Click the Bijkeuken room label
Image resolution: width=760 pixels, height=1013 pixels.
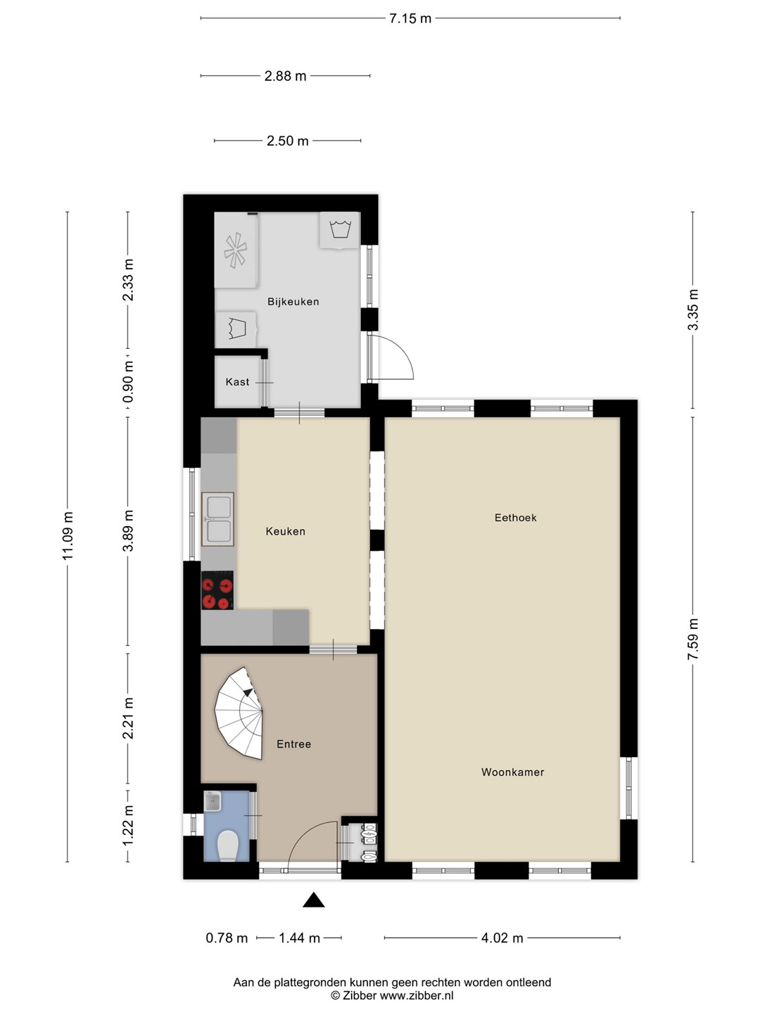(x=293, y=302)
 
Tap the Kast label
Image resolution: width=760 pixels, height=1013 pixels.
(x=237, y=382)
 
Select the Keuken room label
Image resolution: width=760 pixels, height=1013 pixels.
(x=285, y=531)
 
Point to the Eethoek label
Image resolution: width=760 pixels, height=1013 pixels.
(x=515, y=518)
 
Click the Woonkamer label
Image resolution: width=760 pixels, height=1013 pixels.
(x=513, y=772)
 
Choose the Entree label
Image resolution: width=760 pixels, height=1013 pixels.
(x=293, y=744)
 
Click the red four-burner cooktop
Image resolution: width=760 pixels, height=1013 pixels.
(x=217, y=590)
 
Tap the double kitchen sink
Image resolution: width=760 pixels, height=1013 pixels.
(x=218, y=519)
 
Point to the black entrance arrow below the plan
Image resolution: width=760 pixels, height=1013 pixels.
(x=313, y=900)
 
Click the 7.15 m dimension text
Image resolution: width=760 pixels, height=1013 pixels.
(x=410, y=18)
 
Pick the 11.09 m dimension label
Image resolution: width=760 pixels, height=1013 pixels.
(x=68, y=536)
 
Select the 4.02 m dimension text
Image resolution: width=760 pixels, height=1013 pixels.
(x=502, y=938)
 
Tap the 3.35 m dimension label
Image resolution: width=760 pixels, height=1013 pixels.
(x=692, y=310)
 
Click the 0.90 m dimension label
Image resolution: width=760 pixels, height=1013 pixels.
(x=128, y=381)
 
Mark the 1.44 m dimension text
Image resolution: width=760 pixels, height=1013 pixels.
(x=300, y=938)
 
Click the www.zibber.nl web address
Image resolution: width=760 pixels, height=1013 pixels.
(x=416, y=995)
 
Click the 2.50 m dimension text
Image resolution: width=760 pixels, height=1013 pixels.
(x=288, y=141)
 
